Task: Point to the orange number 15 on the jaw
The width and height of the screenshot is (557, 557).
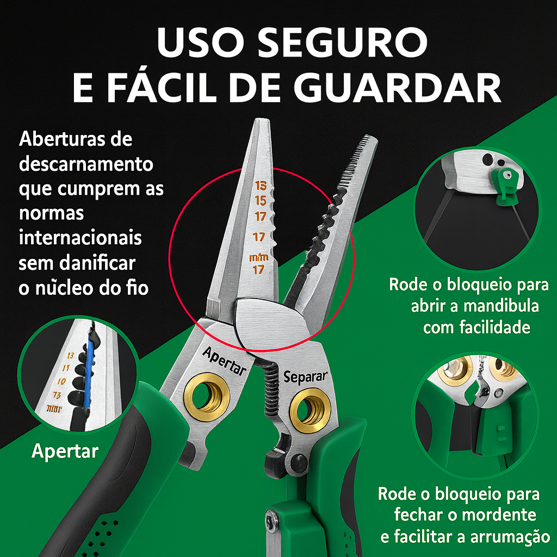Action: pos(260,201)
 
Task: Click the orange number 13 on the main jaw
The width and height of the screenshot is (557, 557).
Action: pos(260,185)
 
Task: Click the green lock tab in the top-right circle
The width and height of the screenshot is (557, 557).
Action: pos(505,182)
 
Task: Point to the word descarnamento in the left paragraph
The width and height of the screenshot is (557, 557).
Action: pos(86,164)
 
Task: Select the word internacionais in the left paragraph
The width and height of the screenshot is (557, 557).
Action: pos(80,238)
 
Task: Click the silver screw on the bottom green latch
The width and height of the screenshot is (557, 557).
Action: pos(273,523)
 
